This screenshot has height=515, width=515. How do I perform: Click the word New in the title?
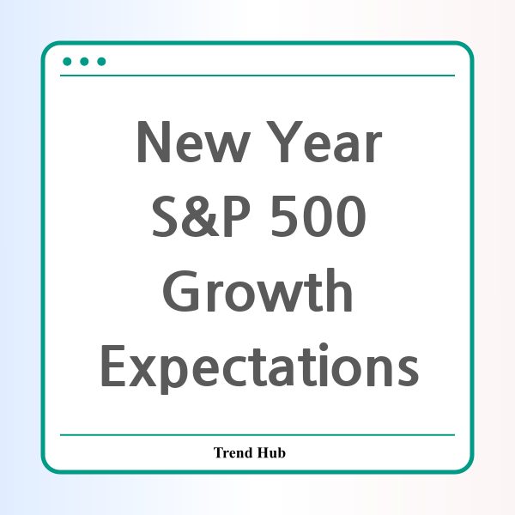point(194,142)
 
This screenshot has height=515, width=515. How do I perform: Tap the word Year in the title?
point(324,142)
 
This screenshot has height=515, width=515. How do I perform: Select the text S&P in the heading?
point(201,215)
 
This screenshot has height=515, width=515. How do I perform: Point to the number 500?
point(318,215)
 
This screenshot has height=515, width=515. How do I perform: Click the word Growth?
point(257,290)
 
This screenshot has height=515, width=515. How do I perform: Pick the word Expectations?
point(260,367)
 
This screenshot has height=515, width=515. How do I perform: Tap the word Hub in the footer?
point(271,452)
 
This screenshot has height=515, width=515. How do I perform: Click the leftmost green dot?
point(67,62)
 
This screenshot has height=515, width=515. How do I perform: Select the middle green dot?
point(84,62)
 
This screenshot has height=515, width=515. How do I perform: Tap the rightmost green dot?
point(101,62)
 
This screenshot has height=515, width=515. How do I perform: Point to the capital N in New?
point(154,142)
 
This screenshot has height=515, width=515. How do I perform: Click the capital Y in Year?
point(284,142)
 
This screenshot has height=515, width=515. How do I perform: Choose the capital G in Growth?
point(181,291)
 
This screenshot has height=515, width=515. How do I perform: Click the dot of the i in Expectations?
point(324,347)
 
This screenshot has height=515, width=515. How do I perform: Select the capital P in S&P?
point(237,215)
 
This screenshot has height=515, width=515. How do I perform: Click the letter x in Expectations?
point(142,371)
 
